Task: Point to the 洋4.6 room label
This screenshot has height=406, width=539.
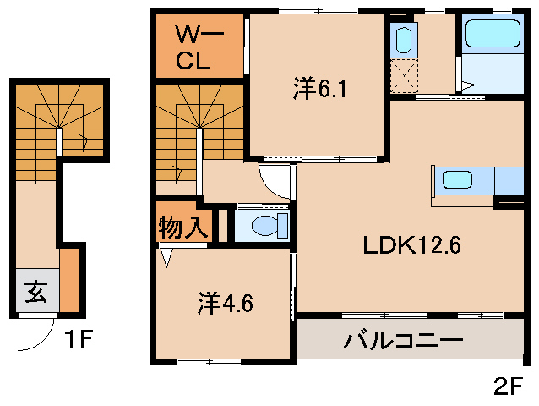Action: tap(226, 302)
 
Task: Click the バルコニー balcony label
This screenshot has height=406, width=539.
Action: tap(403, 342)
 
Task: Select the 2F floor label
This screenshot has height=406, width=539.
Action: tap(509, 387)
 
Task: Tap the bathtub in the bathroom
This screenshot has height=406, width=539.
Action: tap(492, 36)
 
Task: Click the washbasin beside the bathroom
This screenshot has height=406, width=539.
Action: tap(402, 39)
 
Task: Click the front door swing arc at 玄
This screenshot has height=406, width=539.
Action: tap(34, 333)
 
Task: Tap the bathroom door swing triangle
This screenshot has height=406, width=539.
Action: tap(467, 84)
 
